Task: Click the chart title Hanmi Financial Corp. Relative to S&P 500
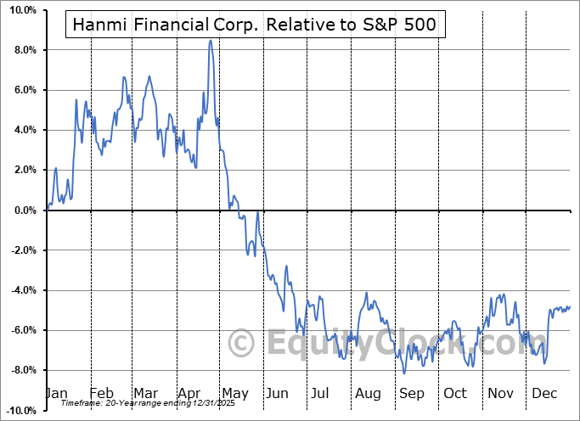tap(254, 25)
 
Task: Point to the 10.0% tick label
tap(23, 10)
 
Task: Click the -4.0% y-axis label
tap(23, 290)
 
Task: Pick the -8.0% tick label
tap(23, 370)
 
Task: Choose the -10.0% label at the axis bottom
tap(20, 410)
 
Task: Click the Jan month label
tap(55, 394)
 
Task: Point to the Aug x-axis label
tap(369, 394)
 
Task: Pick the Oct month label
tap(456, 394)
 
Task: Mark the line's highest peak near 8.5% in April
tap(210, 41)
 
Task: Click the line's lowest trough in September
tap(404, 373)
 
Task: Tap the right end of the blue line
tap(570, 306)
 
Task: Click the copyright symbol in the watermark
tap(242, 344)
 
